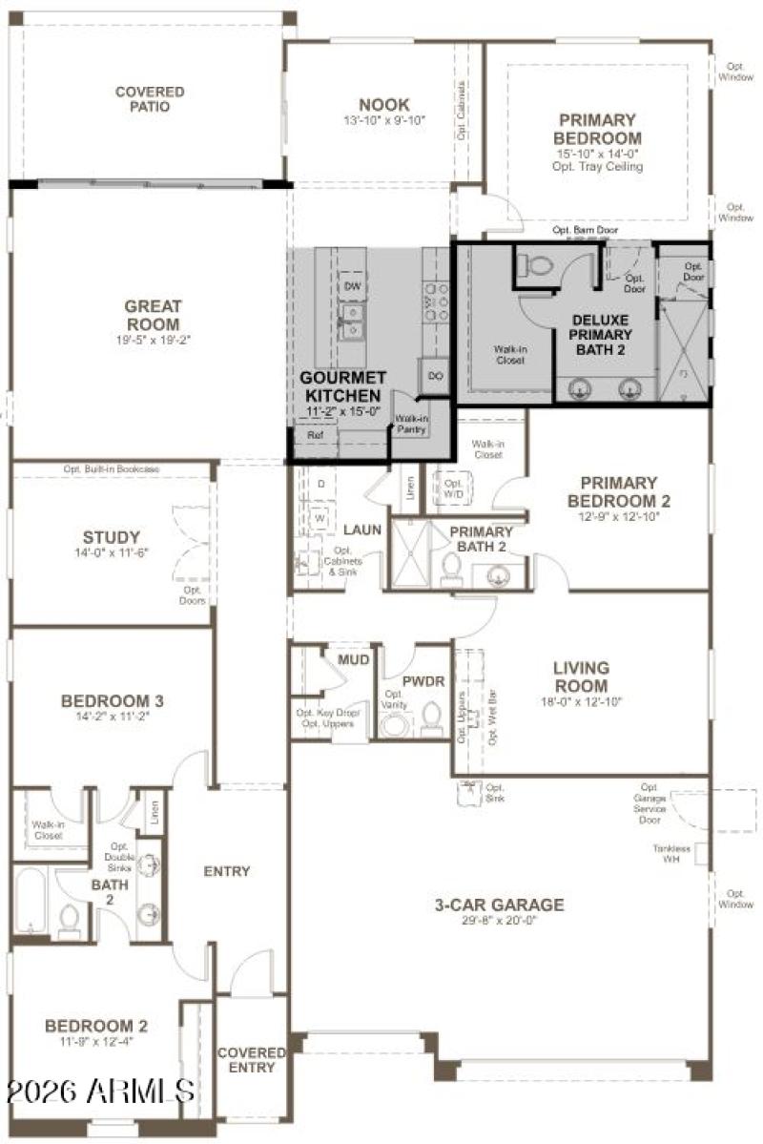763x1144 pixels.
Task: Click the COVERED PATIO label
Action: [150, 99]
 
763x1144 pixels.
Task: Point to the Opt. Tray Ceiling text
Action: [597, 166]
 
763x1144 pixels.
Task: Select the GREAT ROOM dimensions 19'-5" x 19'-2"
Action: [153, 338]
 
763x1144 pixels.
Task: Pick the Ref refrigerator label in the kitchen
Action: [315, 434]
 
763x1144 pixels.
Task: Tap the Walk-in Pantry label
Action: [411, 424]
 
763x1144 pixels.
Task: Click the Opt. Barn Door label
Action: [585, 231]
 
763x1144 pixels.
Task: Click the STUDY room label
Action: [112, 537]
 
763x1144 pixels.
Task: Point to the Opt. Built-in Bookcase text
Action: [112, 469]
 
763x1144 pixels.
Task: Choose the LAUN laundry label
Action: [362, 529]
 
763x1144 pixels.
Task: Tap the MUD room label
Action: [353, 659]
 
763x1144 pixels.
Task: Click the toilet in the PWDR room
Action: [431, 718]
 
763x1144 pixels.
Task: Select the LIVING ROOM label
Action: [581, 676]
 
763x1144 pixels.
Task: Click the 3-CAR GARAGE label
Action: [500, 905]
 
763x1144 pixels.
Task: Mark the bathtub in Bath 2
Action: [31, 901]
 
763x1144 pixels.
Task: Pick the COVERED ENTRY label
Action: [252, 1059]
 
